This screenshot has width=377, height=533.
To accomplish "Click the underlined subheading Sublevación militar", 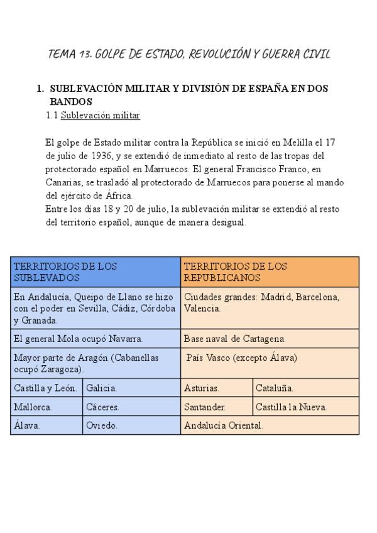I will pos(100,116).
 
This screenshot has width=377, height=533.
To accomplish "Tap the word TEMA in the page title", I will pos(62,54).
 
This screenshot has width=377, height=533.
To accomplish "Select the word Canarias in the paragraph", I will pos(63,182).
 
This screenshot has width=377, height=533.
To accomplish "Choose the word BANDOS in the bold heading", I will pos(71,101).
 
